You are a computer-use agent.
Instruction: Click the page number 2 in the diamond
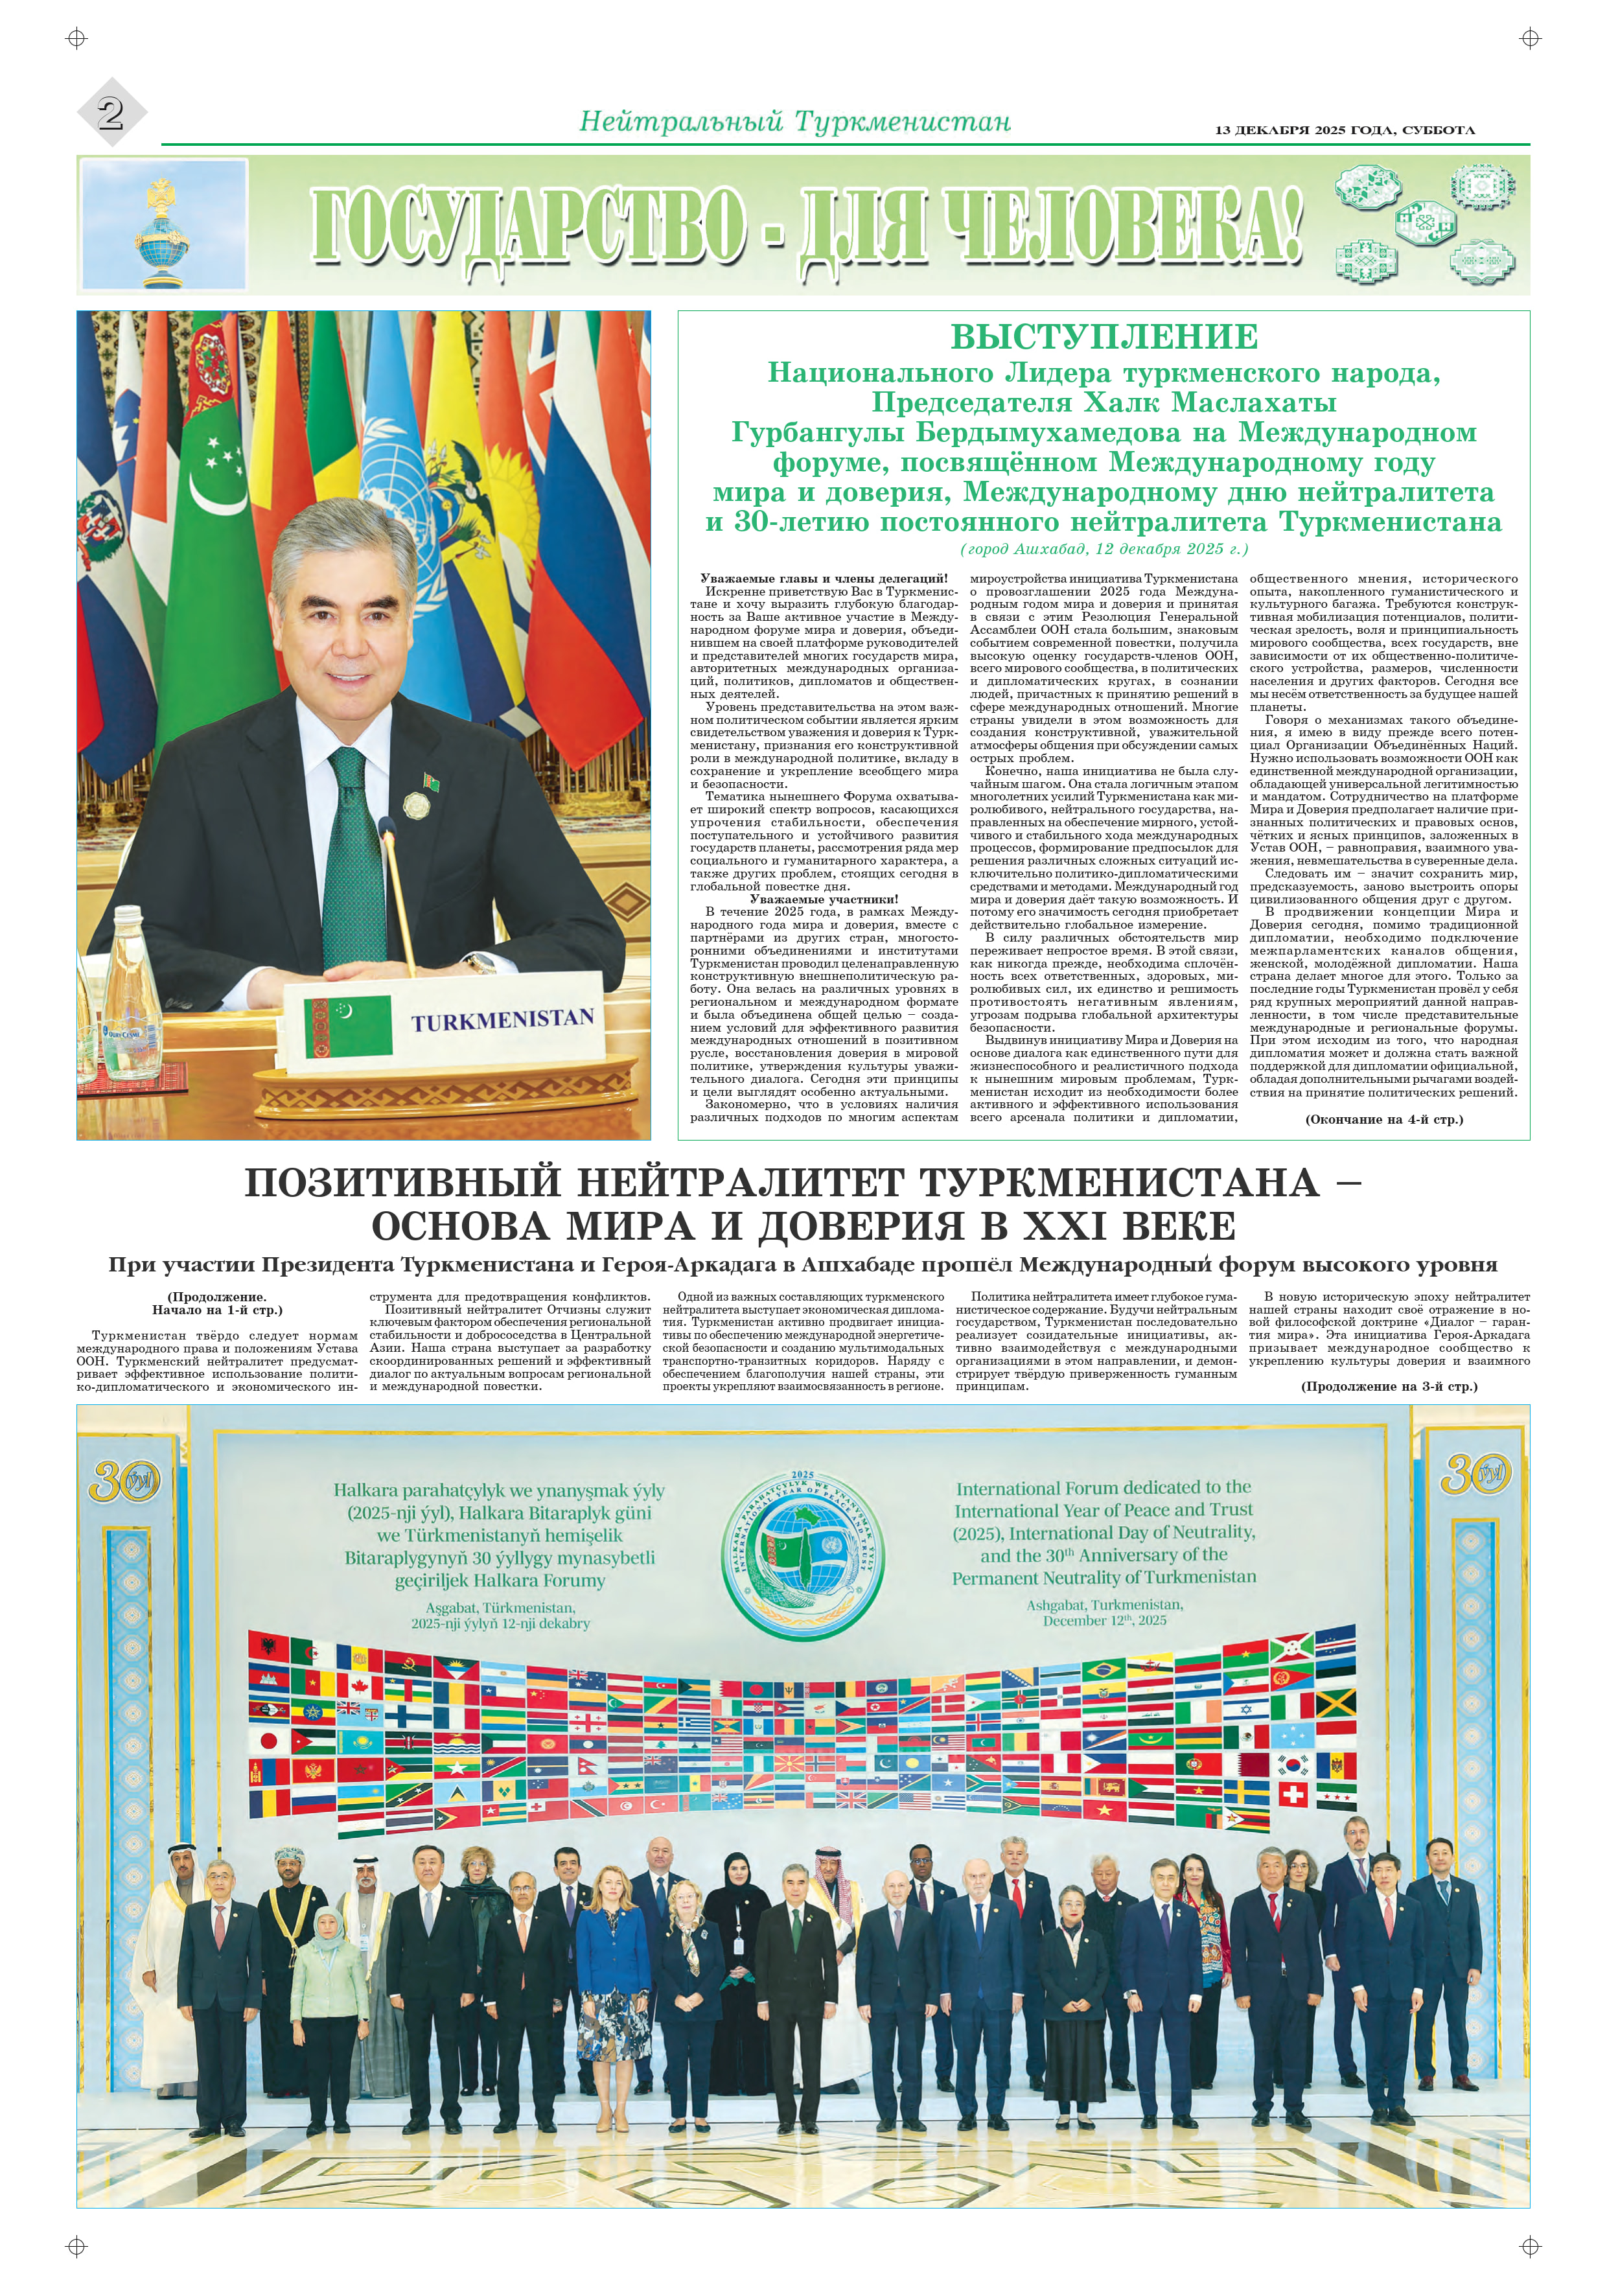click(110, 113)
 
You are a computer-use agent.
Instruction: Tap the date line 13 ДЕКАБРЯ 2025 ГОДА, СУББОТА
click(1345, 130)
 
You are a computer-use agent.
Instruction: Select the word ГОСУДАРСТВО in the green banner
click(528, 226)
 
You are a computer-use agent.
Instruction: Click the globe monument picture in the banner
click(163, 227)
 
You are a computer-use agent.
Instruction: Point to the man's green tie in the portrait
click(353, 856)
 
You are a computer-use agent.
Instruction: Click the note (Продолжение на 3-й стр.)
click(1389, 1386)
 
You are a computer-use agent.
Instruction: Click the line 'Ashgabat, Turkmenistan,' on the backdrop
click(1105, 1605)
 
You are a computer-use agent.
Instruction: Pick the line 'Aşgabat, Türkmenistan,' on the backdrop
click(500, 1607)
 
